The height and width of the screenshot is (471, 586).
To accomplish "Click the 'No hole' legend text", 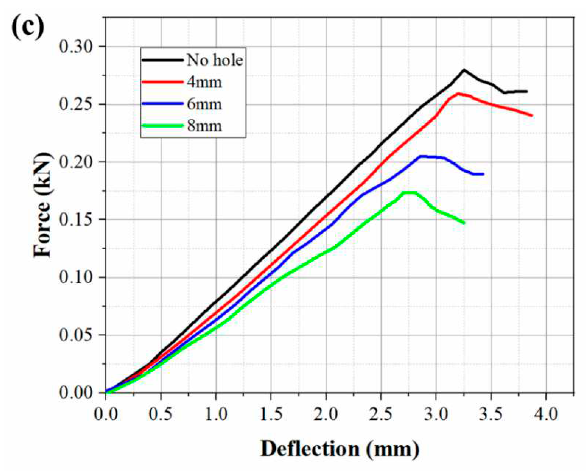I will point(215,60).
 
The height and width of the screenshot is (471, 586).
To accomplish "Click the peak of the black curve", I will point(463,70).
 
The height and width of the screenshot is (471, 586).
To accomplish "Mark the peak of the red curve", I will point(458,94).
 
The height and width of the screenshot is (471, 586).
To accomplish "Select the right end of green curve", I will point(464,223).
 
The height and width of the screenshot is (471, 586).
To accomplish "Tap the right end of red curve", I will point(532,116).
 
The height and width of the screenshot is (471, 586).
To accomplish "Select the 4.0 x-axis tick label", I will point(546,414).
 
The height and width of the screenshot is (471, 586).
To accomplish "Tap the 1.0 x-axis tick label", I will point(216,414).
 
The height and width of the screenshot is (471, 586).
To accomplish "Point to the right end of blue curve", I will point(483,174).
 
